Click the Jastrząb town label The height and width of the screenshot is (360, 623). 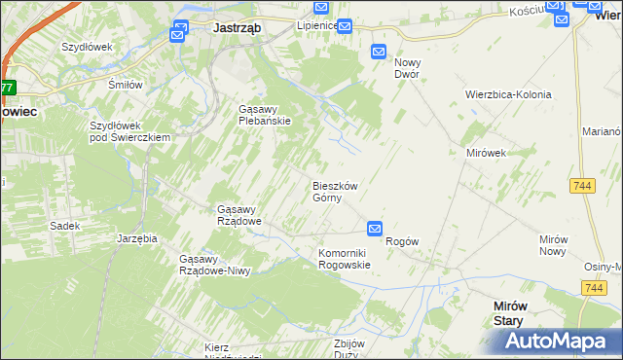coord(237,28)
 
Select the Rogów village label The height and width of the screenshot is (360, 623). coord(402,241)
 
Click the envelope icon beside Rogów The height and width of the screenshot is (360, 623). coord(375,229)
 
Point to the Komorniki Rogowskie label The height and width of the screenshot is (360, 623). coord(345,259)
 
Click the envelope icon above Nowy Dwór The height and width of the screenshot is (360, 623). coord(379,53)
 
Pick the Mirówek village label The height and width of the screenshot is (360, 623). coord(484,154)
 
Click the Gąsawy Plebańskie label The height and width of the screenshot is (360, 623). coord(272,115)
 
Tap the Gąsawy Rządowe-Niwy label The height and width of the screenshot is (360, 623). coord(215,265)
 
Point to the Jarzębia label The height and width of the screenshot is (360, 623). coord(137,237)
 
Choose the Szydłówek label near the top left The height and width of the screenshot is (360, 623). coord(88,47)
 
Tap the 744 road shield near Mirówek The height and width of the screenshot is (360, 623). coord(583,185)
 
